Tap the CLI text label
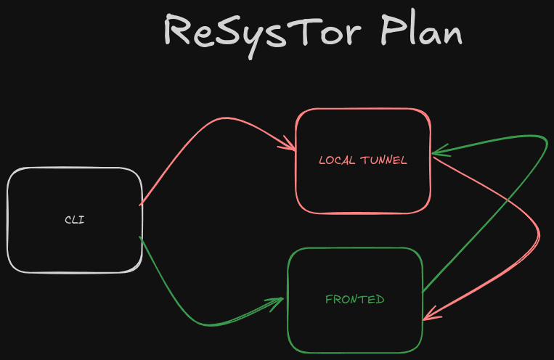(74, 219)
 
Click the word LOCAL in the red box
(337, 160)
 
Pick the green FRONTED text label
(354, 299)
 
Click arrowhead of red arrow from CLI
(290, 147)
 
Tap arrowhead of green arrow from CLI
(278, 301)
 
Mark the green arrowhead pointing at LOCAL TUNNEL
(438, 152)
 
